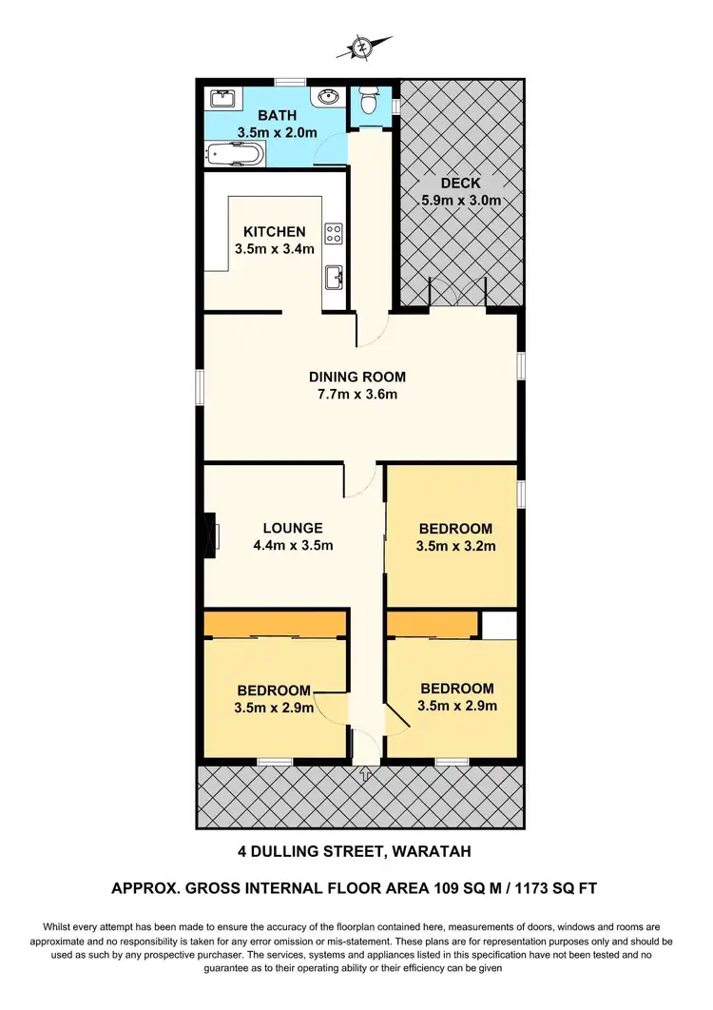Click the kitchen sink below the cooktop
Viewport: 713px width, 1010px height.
click(x=334, y=278)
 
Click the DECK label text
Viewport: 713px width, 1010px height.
click(x=460, y=183)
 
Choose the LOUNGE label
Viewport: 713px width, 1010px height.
click(x=294, y=528)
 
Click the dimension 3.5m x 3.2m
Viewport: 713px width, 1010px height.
click(x=455, y=547)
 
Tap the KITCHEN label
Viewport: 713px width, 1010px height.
click(x=275, y=231)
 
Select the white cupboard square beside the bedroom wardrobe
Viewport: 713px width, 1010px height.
click(x=498, y=625)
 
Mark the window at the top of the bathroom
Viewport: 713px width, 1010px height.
click(x=290, y=81)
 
